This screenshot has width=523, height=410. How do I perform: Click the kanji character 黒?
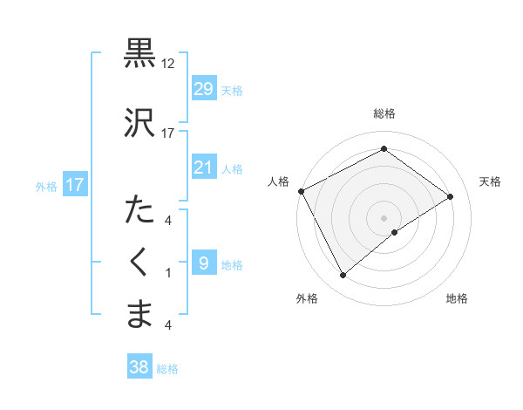(x=139, y=53)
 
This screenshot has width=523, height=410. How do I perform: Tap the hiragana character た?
(x=139, y=210)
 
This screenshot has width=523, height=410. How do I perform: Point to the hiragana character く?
(x=139, y=263)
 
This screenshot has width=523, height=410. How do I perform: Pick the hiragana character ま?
(x=139, y=313)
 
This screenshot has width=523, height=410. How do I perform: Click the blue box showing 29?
(x=203, y=89)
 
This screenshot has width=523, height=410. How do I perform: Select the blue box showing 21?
(x=203, y=167)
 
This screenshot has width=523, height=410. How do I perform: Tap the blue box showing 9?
(x=203, y=263)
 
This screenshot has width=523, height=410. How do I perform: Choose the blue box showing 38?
(x=139, y=367)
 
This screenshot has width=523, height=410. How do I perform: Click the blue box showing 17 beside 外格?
(x=75, y=185)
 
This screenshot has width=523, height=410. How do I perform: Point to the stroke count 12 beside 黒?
(x=168, y=64)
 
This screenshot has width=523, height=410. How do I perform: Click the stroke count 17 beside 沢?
(x=168, y=133)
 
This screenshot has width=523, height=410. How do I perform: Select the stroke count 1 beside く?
(x=168, y=273)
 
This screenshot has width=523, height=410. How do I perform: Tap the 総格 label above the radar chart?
(x=384, y=113)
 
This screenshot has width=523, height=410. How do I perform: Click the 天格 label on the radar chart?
(x=491, y=181)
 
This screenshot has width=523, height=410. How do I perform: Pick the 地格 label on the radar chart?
(x=457, y=298)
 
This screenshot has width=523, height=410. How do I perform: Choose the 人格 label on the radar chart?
(x=278, y=181)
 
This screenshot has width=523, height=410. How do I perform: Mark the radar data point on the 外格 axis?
(x=343, y=276)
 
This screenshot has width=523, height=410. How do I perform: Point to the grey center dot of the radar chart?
(x=384, y=216)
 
